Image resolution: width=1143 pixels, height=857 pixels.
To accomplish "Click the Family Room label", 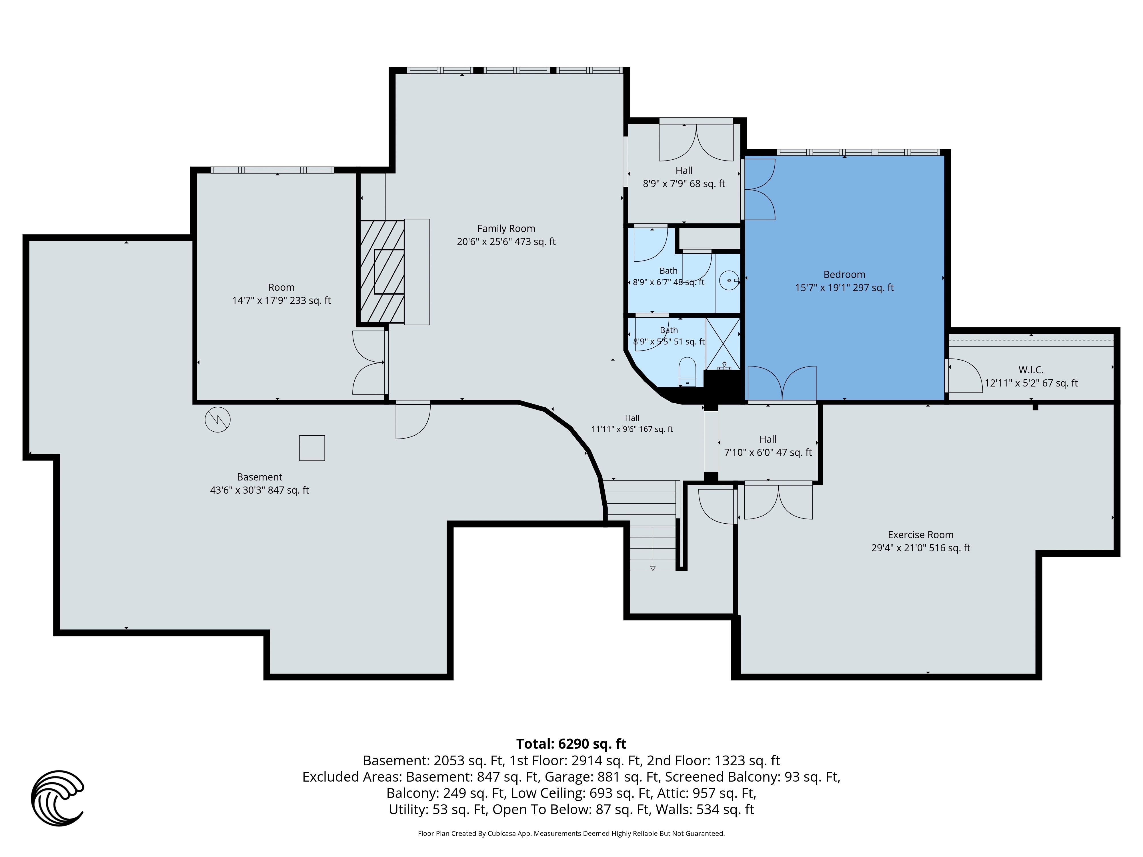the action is [x=506, y=235].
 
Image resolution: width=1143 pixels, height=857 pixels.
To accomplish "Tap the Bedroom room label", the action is [x=844, y=281].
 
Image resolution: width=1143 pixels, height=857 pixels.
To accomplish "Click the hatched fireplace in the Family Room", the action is [x=382, y=272].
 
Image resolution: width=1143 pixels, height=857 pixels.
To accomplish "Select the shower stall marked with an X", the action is [x=723, y=344].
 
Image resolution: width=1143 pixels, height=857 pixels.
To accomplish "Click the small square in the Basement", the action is [x=312, y=448].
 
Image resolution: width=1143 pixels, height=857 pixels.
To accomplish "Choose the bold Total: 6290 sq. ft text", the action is [x=571, y=744].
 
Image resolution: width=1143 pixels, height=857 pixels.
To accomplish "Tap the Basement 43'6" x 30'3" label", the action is [x=259, y=484].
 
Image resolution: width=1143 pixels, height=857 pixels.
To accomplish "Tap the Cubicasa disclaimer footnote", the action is [x=571, y=833].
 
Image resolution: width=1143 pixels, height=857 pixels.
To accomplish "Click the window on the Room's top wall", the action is [x=272, y=170].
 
